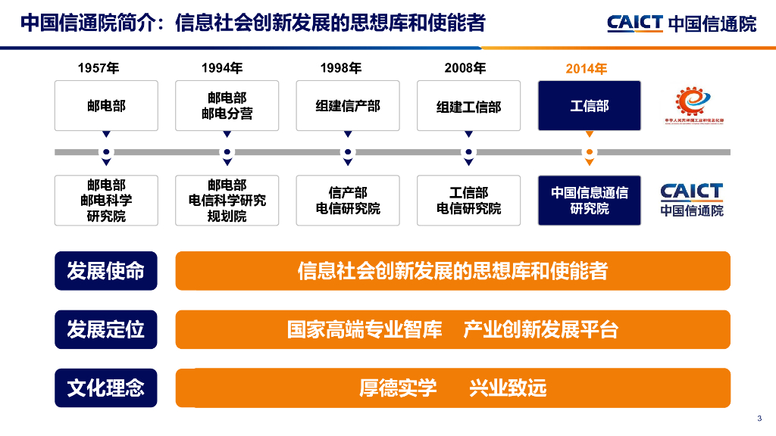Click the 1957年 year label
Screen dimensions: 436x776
(99, 69)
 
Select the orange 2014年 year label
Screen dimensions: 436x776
(587, 69)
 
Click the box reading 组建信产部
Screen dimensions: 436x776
(348, 106)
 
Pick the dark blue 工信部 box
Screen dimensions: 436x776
(590, 106)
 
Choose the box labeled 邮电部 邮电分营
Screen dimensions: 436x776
(227, 106)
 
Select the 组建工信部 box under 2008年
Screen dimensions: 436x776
(469, 106)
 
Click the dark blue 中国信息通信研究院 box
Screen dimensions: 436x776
(590, 201)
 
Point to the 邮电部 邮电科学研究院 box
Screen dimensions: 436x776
(106, 201)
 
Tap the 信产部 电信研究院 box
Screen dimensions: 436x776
(348, 201)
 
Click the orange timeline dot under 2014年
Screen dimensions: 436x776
(590, 152)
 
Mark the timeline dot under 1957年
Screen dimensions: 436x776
(106, 152)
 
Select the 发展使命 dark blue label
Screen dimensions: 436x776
(106, 271)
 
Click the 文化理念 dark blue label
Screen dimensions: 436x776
(106, 388)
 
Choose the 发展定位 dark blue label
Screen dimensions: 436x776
(106, 329)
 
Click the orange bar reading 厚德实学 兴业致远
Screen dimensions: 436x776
(452, 388)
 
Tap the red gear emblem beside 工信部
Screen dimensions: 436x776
(690, 102)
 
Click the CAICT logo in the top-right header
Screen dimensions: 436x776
(681, 23)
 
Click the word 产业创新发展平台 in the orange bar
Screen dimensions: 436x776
(540, 329)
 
